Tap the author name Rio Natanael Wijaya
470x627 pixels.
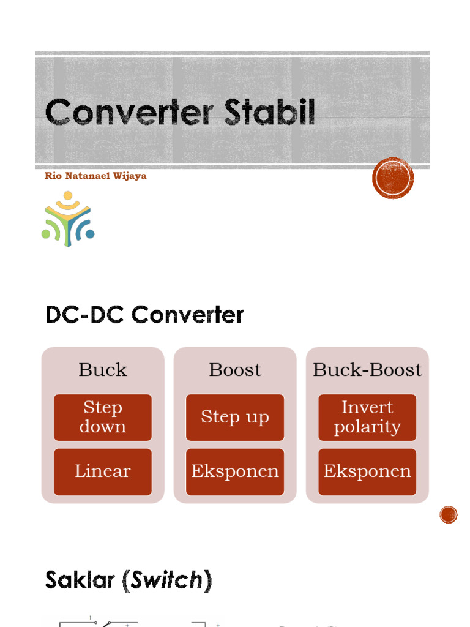95,176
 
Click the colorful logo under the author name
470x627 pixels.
68,219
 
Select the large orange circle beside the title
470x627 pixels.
393,178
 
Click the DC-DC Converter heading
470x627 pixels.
144,315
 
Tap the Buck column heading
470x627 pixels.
103,370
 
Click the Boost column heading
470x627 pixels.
235,370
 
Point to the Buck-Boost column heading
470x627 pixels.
367,370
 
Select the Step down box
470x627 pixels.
103,417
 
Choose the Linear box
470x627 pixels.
103,471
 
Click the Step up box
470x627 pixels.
235,417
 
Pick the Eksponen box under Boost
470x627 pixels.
235,471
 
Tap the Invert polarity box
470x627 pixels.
367,417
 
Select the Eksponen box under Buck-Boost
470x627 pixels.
367,471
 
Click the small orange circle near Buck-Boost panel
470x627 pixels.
449,515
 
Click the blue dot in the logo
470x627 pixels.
89,234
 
